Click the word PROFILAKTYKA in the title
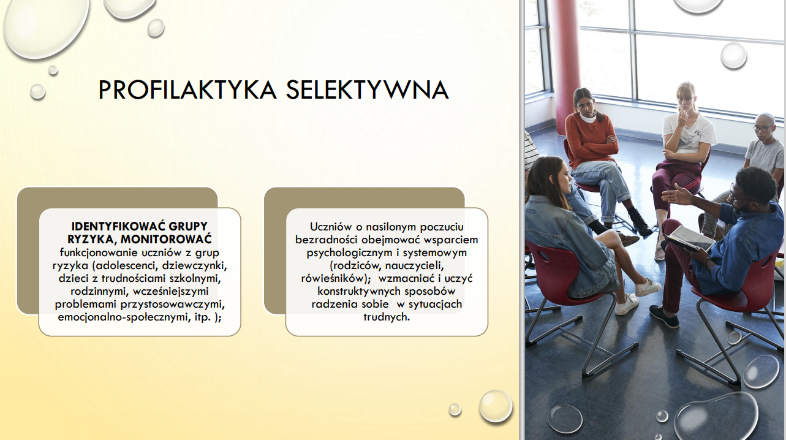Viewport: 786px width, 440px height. point(187,90)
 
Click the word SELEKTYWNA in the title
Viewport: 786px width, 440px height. point(368,90)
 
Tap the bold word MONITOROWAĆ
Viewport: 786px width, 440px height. point(166,239)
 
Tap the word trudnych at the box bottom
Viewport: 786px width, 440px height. point(387,317)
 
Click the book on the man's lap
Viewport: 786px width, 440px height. point(690,238)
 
